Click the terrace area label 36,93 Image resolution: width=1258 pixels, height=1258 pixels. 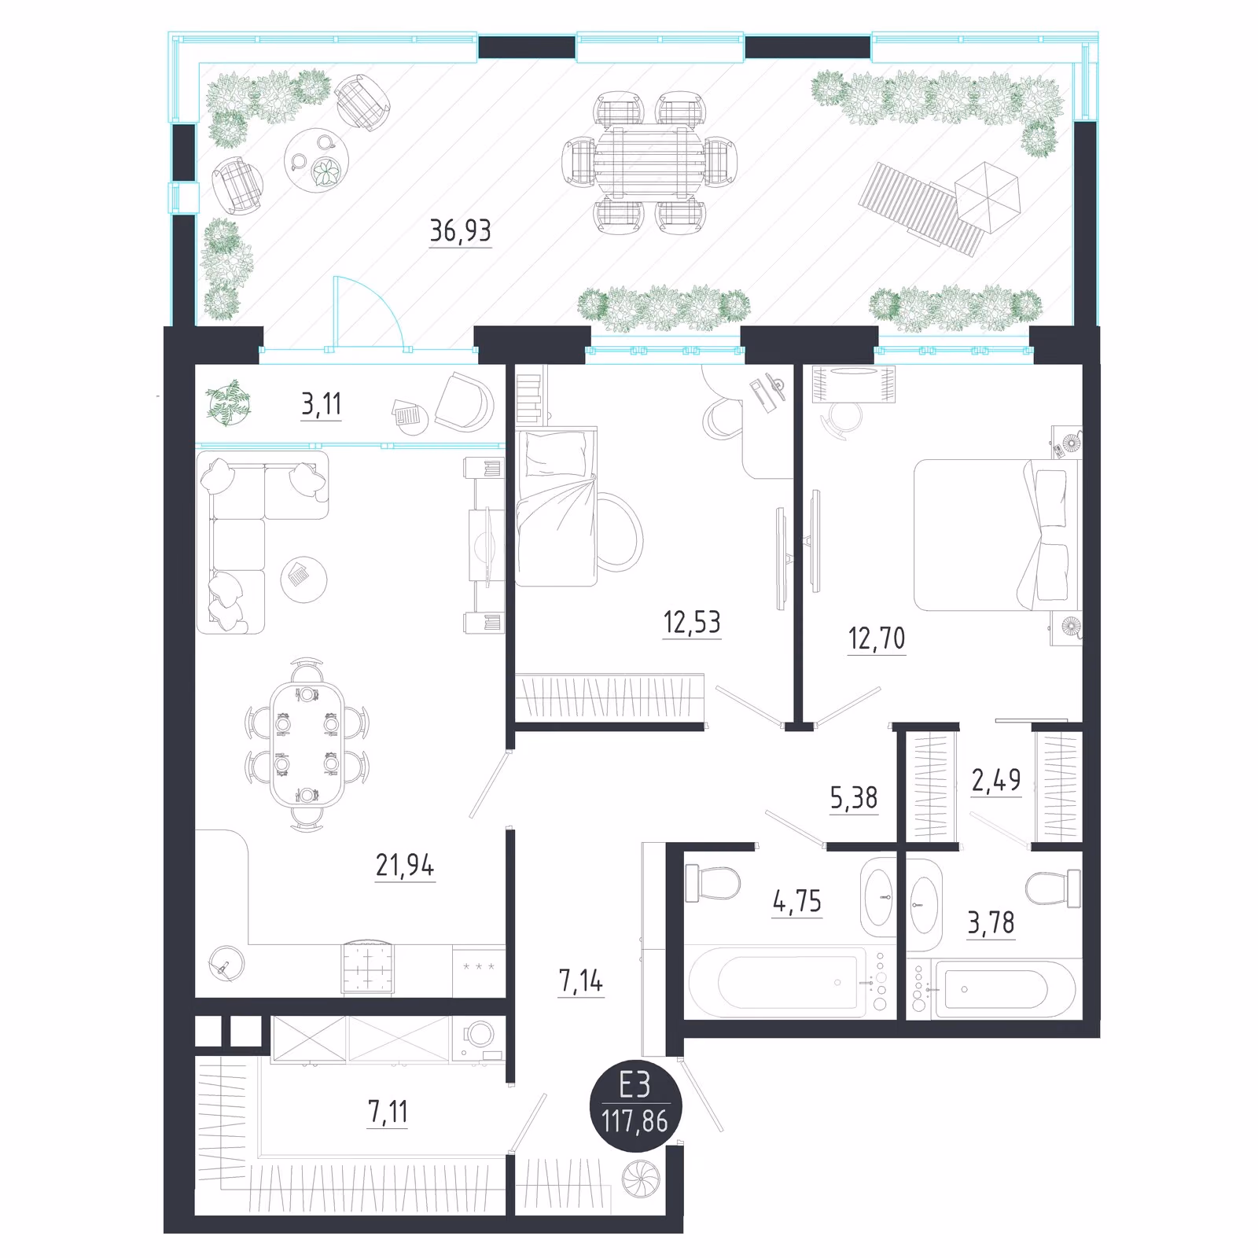(460, 230)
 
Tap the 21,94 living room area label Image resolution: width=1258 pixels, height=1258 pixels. (405, 865)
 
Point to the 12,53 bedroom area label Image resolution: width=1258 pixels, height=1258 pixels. (692, 622)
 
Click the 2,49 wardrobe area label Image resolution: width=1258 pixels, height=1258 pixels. (996, 780)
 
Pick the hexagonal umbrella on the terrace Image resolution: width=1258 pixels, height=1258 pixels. (988, 197)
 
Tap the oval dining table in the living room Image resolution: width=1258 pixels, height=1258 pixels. (307, 745)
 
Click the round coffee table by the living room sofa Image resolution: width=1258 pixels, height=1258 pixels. (303, 579)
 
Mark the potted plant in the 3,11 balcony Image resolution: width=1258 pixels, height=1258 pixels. (229, 403)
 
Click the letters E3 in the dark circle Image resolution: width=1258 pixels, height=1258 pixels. (635, 1086)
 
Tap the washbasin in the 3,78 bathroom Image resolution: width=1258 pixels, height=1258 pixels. (924, 906)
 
